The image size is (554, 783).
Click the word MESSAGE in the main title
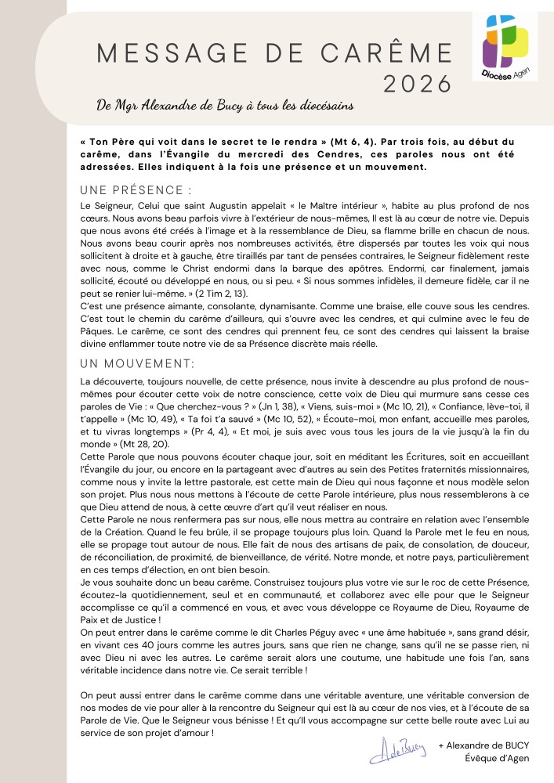coord(169,53)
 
